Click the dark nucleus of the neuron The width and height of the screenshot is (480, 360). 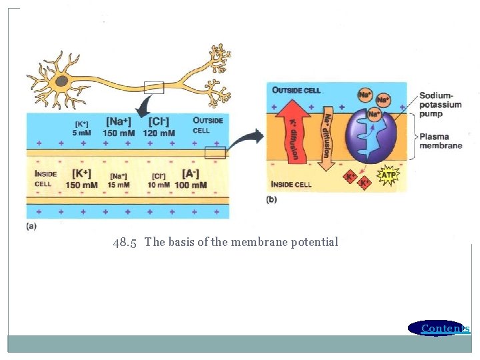[x=62, y=81]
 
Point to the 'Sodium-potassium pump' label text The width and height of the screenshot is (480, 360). [x=440, y=105]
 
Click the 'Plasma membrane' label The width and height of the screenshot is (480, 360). [x=440, y=141]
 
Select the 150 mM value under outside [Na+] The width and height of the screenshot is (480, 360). [x=119, y=133]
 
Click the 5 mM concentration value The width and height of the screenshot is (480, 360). [x=81, y=133]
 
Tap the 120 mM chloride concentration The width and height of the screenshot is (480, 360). [x=159, y=133]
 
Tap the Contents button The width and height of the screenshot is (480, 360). [x=441, y=328]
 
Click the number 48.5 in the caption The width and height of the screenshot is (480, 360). [x=125, y=242]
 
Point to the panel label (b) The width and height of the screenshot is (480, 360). [x=271, y=199]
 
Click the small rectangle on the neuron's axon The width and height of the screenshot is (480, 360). [x=154, y=87]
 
